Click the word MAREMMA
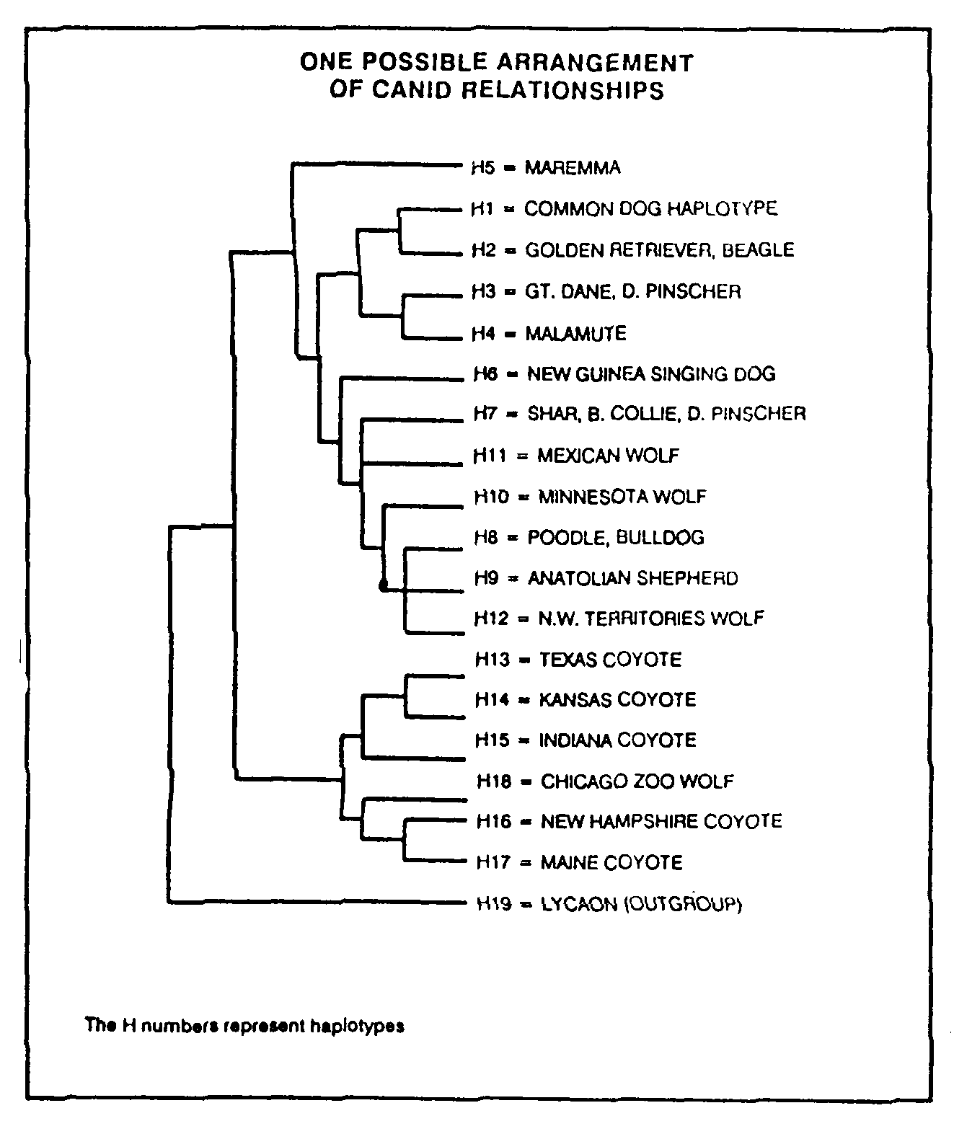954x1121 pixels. click(x=572, y=167)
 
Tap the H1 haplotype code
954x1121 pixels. click(x=482, y=209)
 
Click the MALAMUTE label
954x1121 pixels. click(x=575, y=333)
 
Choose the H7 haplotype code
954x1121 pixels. click(x=485, y=414)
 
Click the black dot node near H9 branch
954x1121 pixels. click(x=384, y=585)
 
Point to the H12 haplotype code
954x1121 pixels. click(x=491, y=619)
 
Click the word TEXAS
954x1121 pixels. click(x=567, y=660)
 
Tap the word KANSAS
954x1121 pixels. click(x=575, y=699)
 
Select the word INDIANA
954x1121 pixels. click(x=575, y=740)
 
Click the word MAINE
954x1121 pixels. click(x=566, y=862)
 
